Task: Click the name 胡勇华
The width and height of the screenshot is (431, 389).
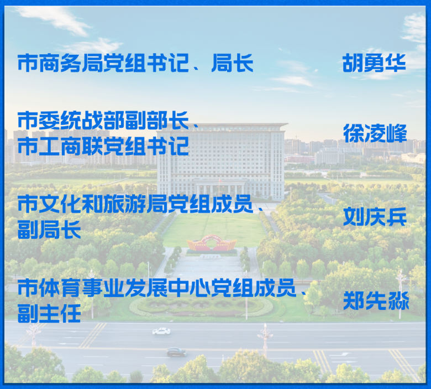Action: coord(374,63)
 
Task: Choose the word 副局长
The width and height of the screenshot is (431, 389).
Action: coord(49,229)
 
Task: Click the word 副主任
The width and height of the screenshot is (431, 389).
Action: coord(49,313)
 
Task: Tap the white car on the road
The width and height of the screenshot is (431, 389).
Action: coord(161,331)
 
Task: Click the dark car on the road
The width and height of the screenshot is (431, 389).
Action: coord(176,351)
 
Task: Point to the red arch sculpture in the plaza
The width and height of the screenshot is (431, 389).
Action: coord(212,243)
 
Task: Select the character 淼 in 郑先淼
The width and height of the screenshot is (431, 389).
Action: coord(397,301)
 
